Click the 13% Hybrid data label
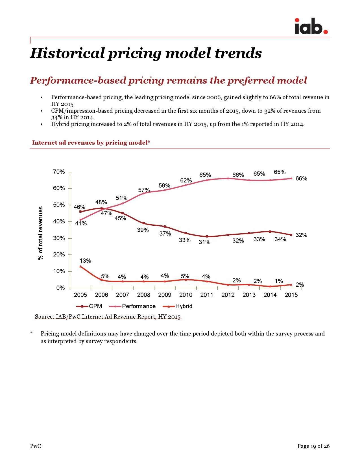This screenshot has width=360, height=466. (85, 261)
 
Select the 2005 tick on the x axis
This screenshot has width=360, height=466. (80, 295)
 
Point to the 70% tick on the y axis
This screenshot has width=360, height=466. (59, 172)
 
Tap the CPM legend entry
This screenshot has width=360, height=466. (95, 306)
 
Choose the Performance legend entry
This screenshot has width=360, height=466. (138, 306)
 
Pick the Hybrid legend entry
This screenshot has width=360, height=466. (184, 306)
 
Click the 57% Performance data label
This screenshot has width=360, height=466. (144, 190)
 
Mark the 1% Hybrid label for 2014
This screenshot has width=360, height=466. (279, 281)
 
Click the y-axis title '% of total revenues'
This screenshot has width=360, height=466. (41, 233)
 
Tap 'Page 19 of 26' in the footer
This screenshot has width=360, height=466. (313, 446)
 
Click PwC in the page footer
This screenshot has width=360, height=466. (36, 446)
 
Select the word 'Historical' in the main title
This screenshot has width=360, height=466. (67, 53)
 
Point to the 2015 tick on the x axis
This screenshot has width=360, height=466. (291, 295)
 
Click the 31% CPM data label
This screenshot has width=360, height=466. (204, 242)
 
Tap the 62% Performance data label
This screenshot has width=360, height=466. (186, 180)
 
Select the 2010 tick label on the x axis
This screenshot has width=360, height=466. (186, 295)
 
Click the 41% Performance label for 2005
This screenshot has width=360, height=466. (81, 223)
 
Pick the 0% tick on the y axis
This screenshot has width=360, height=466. (60, 288)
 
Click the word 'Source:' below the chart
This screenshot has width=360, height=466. (44, 317)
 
